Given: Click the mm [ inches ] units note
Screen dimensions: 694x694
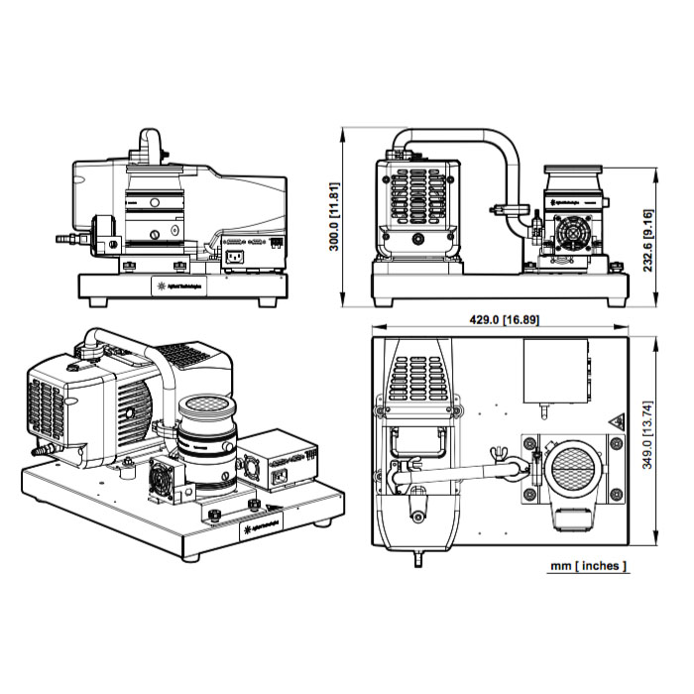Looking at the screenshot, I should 589,567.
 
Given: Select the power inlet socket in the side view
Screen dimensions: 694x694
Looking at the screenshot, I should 235,257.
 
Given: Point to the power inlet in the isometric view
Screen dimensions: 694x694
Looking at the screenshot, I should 278,480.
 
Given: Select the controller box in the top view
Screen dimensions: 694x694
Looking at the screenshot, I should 555,374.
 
